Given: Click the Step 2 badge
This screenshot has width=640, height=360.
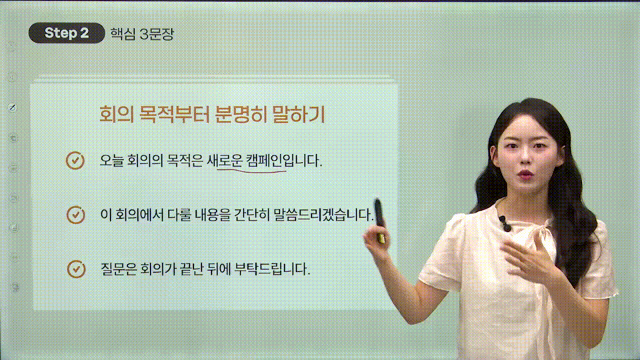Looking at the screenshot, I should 66,33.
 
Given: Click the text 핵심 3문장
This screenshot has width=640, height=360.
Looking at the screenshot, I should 141,33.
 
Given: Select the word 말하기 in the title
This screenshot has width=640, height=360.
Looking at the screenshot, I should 299,115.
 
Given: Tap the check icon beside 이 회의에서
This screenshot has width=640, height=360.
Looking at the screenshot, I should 76,215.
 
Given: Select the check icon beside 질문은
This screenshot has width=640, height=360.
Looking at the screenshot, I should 76,269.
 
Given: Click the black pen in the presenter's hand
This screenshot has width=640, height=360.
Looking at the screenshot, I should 379,220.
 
